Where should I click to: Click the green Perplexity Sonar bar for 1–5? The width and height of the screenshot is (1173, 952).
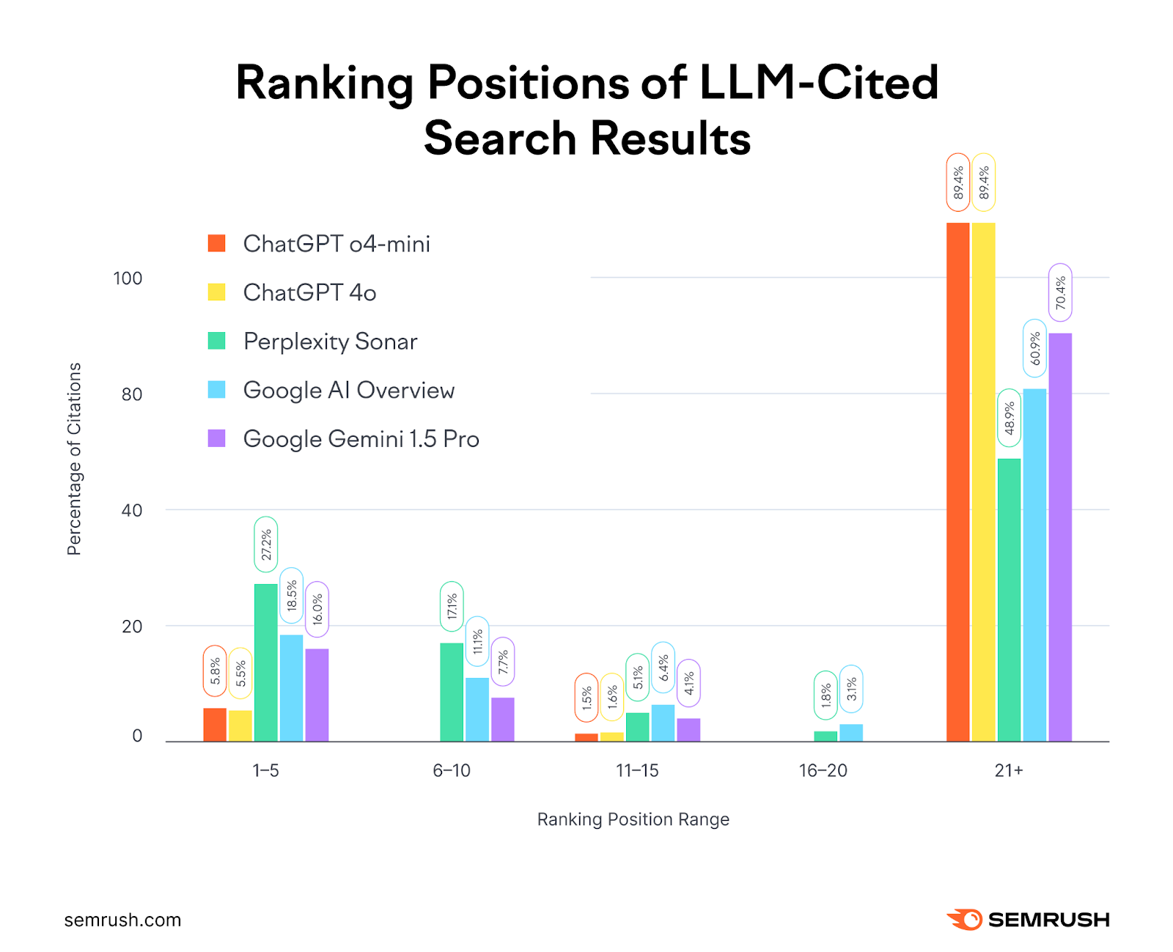[266, 663]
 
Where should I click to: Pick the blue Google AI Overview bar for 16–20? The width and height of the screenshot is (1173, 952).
[851, 733]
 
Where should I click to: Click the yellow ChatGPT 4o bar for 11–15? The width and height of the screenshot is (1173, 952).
[611, 737]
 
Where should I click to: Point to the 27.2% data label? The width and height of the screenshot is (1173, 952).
[266, 545]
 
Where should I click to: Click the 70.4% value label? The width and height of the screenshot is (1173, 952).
[1060, 292]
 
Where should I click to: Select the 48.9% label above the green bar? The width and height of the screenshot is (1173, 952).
[1009, 418]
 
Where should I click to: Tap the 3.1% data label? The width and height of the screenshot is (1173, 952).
[851, 689]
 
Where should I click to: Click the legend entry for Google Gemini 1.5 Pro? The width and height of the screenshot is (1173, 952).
[361, 439]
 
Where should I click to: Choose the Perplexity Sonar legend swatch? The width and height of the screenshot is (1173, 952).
[217, 341]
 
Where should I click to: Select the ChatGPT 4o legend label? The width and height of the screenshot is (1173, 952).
[309, 292]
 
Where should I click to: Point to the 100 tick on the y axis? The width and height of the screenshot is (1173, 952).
[128, 278]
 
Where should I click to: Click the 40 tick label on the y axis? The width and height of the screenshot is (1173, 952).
[132, 510]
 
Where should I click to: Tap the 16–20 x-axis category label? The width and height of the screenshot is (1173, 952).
[823, 770]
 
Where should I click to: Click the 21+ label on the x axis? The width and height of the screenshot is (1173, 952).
[1008, 770]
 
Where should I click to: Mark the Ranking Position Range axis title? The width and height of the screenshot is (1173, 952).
[633, 819]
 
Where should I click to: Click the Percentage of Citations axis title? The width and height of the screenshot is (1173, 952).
[74, 459]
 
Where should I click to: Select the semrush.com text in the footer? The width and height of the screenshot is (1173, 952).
[122, 920]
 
